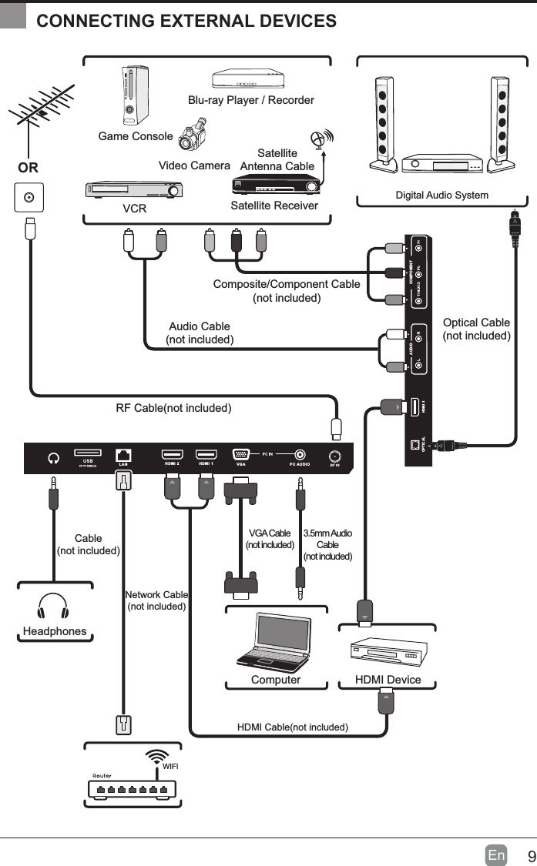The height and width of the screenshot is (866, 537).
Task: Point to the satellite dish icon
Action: pos(318,140)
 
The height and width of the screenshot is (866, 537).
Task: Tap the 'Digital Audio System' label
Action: pos(441,196)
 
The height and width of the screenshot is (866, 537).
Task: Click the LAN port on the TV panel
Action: pos(123,455)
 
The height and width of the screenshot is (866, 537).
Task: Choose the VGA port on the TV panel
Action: pos(240,455)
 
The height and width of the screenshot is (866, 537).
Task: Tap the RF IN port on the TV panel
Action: pos(335,455)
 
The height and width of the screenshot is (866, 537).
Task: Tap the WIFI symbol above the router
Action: pos(159,755)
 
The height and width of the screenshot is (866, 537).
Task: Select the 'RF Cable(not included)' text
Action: pos(173,407)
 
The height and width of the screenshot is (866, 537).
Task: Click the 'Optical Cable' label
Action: pos(476,323)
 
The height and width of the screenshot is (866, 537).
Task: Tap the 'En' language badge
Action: pos(496,855)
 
